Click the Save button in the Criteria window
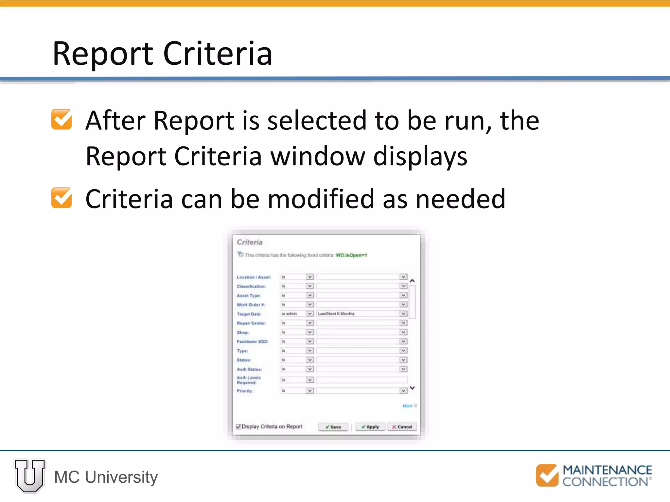click(x=333, y=427)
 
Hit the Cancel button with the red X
click(x=402, y=427)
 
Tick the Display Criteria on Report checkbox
click(x=238, y=427)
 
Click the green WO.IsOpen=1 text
click(x=351, y=255)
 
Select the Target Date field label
click(x=249, y=314)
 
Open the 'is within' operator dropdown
click(x=309, y=313)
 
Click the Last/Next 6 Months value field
click(x=358, y=313)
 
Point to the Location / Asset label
click(x=254, y=277)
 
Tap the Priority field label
click(x=245, y=391)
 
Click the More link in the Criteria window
click(x=407, y=406)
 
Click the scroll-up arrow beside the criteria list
click(x=412, y=281)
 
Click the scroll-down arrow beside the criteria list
click(x=412, y=388)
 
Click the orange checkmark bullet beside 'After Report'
click(x=62, y=119)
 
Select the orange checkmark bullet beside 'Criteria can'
click(x=62, y=198)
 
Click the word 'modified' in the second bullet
click(x=321, y=199)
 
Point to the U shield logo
click(x=29, y=476)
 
